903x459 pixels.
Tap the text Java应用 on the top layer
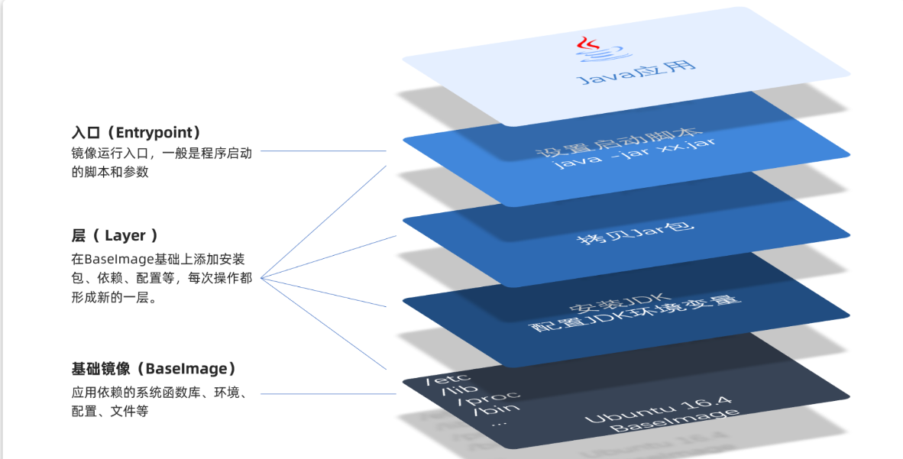636,70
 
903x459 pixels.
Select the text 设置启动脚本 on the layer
626,144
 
